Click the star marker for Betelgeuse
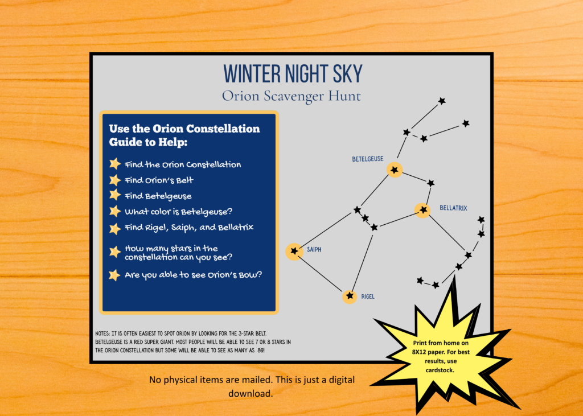coord(395,170)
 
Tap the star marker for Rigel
coord(350,296)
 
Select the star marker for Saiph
coord(294,251)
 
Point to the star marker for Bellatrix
coord(423,210)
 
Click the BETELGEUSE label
coord(368,159)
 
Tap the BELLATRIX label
coord(453,208)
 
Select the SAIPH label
coord(314,249)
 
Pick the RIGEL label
coord(368,296)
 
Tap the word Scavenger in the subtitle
coord(294,96)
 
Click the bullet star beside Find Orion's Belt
coord(115,180)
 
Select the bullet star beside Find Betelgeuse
coord(115,195)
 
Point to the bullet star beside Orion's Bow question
coord(114,275)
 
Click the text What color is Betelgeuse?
coord(178,212)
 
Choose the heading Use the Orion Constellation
coord(184,129)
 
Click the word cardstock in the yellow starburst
coord(440,370)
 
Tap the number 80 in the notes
coord(261,350)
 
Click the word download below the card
coord(251,393)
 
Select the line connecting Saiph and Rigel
coord(320,274)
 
